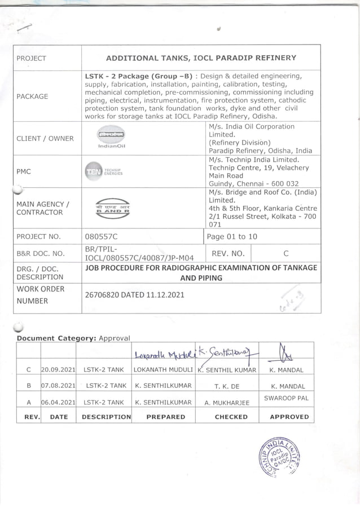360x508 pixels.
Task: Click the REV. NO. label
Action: (x=227, y=253)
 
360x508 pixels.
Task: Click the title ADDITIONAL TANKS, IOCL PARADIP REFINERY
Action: (x=201, y=58)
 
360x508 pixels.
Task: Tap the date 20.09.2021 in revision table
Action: (x=59, y=370)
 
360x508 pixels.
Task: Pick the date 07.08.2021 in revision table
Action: (x=59, y=386)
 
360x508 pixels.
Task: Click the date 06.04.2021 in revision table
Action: (x=59, y=403)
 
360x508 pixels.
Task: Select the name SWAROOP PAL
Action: (x=287, y=398)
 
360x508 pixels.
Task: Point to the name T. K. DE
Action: (x=227, y=386)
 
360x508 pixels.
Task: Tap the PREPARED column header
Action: (x=165, y=417)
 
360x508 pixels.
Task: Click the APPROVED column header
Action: (x=289, y=417)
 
